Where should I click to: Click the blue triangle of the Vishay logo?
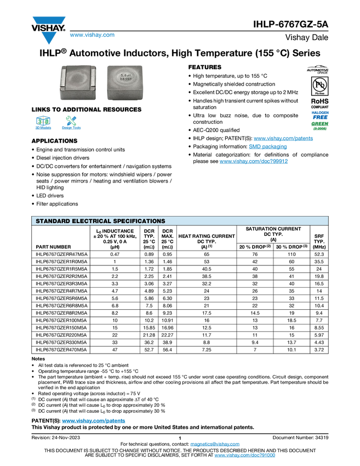(49, 38)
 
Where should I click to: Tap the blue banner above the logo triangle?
(49, 20)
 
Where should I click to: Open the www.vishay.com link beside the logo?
(92, 35)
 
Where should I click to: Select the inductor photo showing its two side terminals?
(80, 82)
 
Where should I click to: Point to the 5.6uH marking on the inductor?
(125, 76)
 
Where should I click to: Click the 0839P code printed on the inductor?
(125, 81)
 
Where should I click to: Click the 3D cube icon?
(43, 121)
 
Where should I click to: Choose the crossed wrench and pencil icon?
(71, 121)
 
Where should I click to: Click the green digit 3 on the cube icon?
(40, 121)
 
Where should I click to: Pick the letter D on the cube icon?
(46, 121)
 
